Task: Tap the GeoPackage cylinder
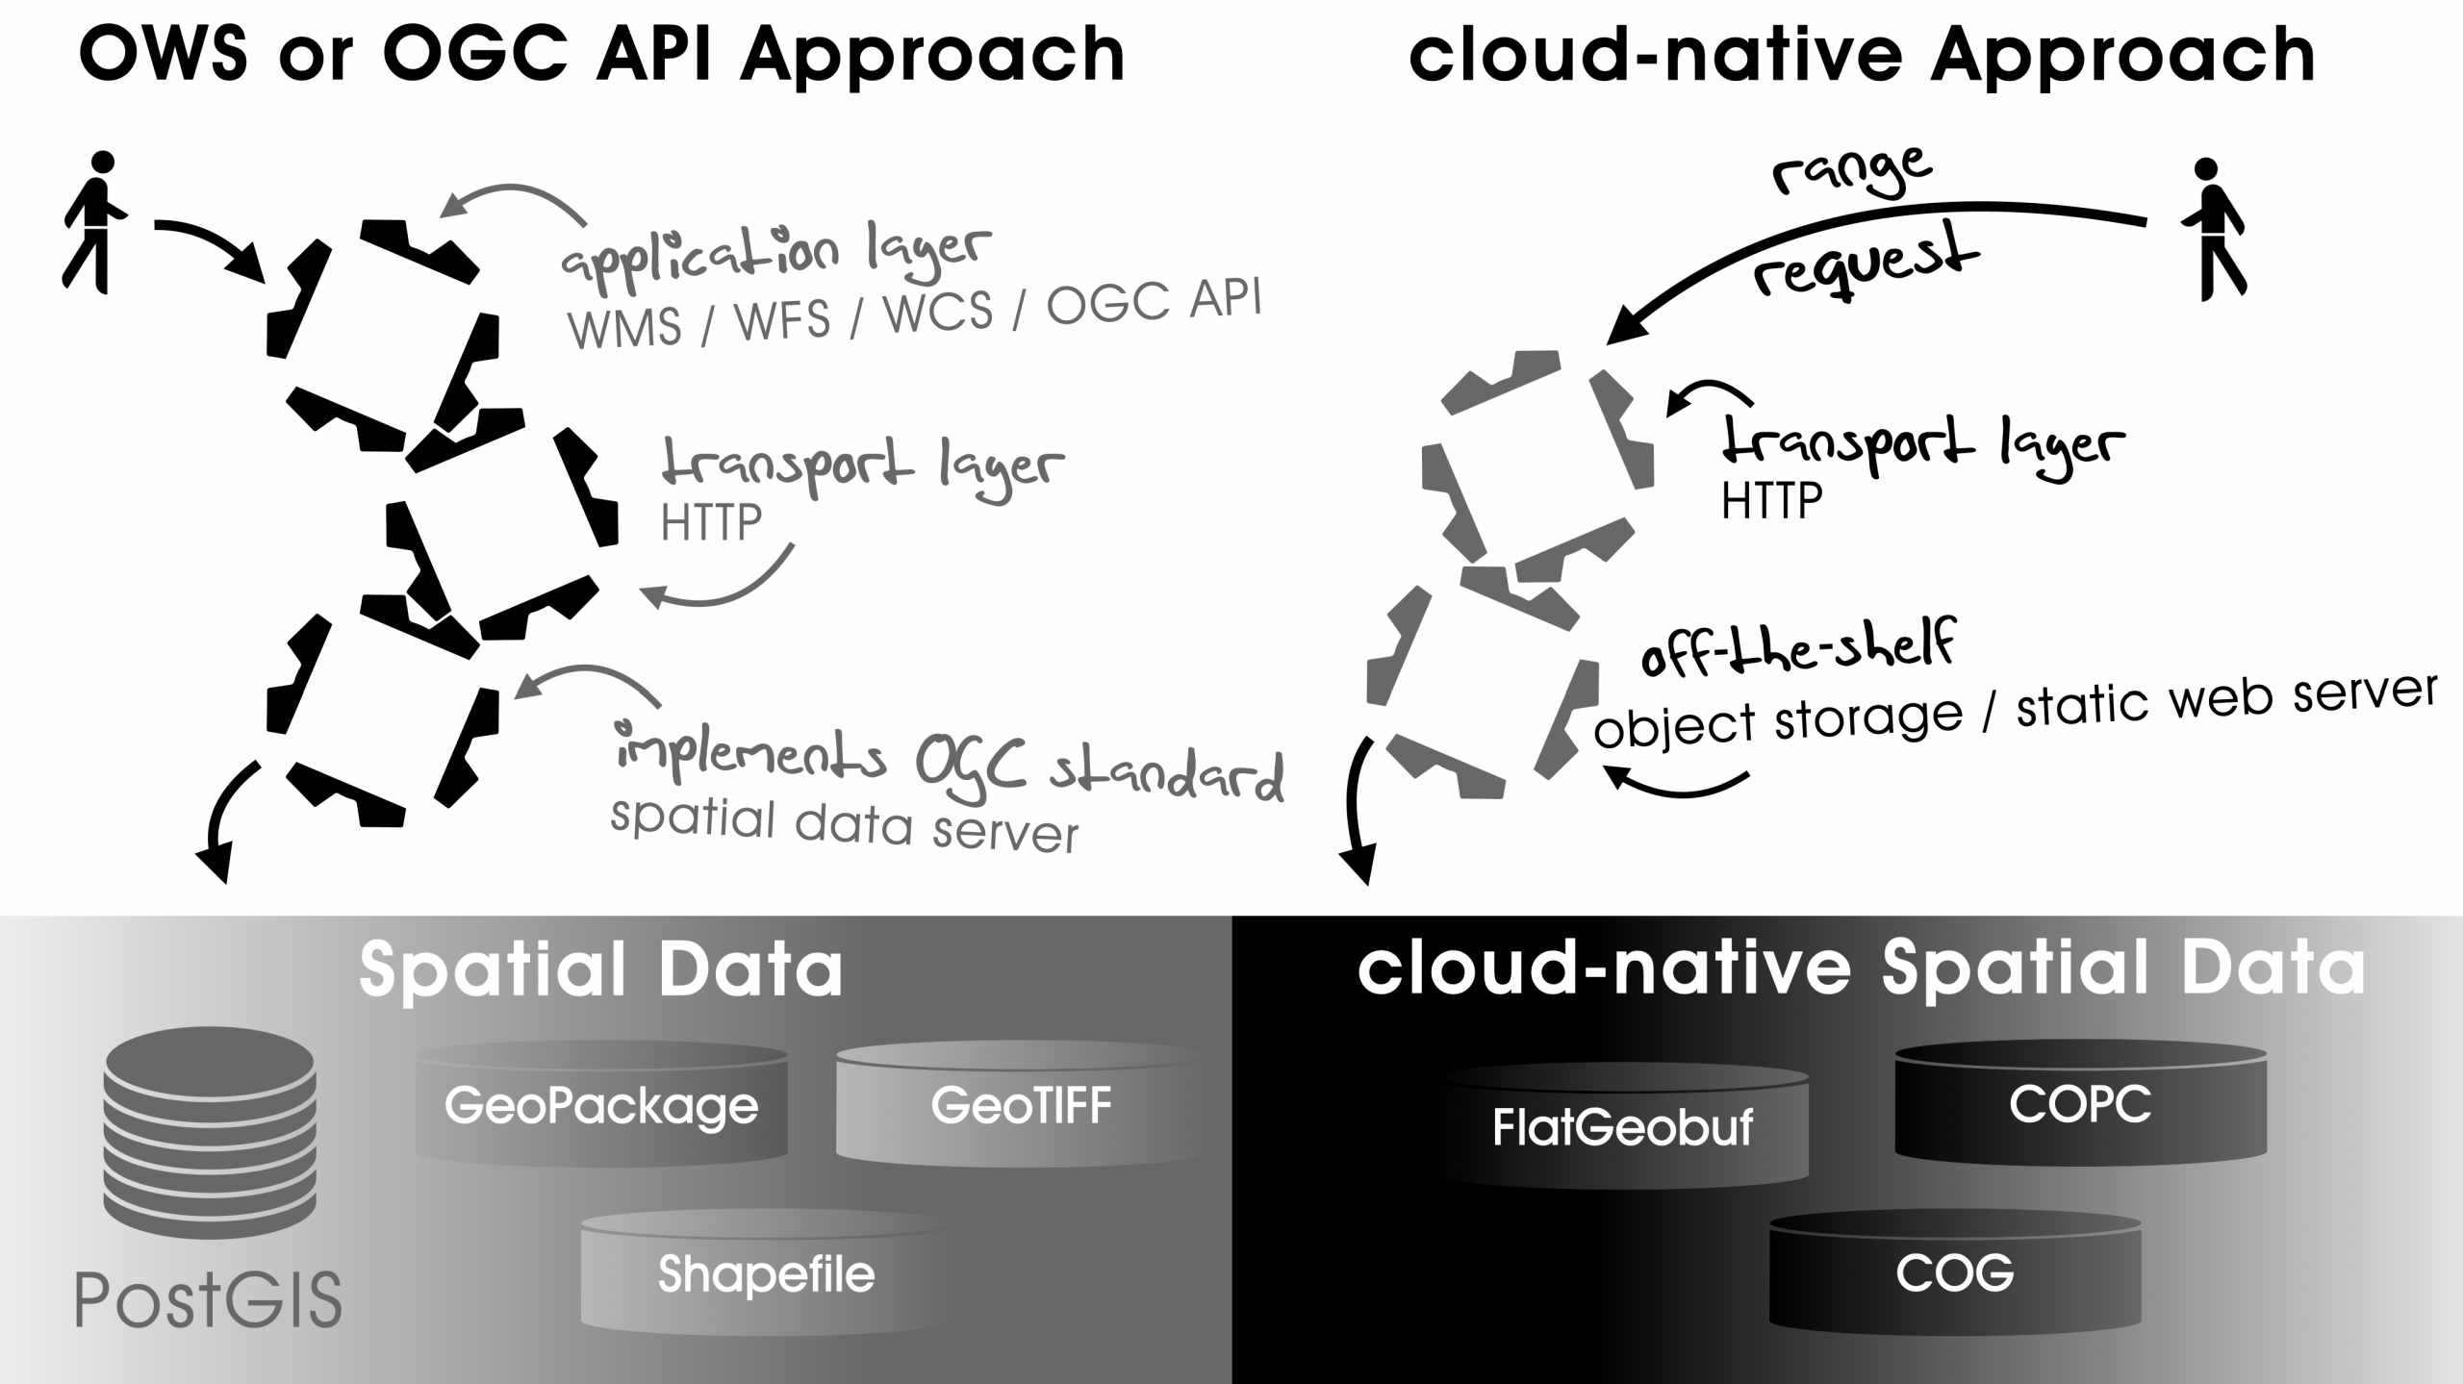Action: (x=601, y=1106)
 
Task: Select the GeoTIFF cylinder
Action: (x=1021, y=1106)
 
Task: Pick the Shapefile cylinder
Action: (x=766, y=1274)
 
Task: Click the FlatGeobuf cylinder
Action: (x=1623, y=1127)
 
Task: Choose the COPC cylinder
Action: (x=2080, y=1104)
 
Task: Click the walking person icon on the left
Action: (x=94, y=221)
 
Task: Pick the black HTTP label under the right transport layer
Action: (x=1771, y=501)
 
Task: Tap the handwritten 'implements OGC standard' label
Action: (x=949, y=763)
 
